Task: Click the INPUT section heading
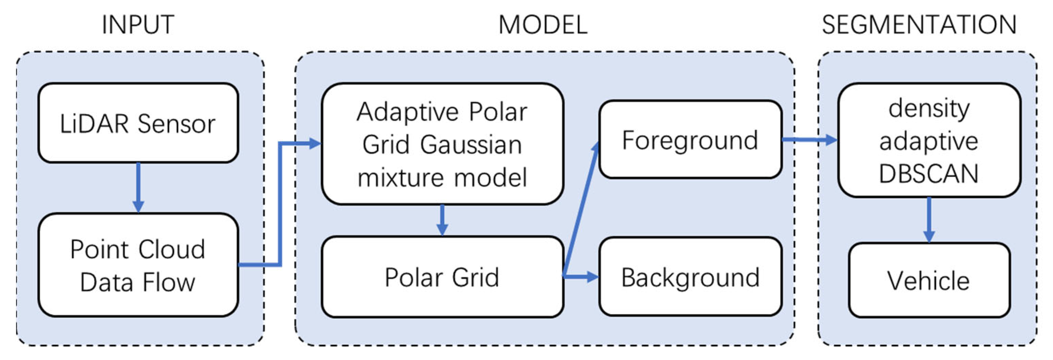[x=138, y=25]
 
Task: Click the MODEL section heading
[x=543, y=25]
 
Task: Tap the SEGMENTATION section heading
[x=919, y=25]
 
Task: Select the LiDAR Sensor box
[x=138, y=123]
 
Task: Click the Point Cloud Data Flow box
[x=138, y=265]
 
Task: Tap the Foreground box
[x=690, y=140]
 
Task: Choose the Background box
[x=690, y=277]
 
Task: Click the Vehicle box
[x=928, y=281]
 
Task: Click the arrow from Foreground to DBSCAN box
[x=809, y=140]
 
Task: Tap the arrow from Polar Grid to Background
[x=580, y=277]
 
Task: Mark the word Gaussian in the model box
[x=471, y=145]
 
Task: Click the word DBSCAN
[x=928, y=174]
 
